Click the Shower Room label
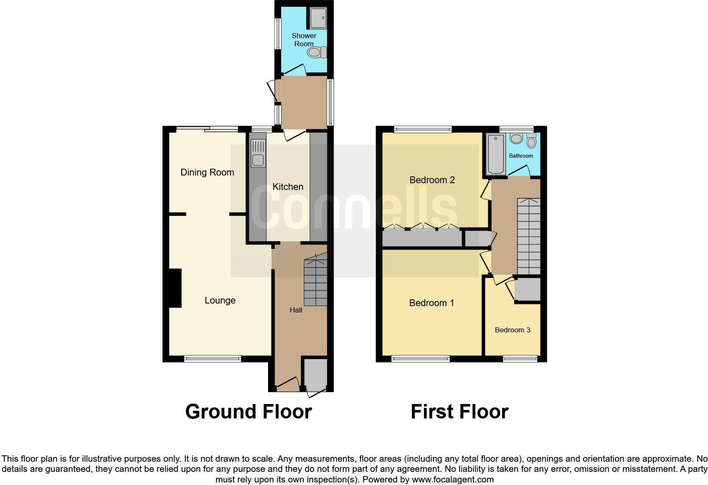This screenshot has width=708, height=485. coord(304,40)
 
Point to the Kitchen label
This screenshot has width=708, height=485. coord(288,187)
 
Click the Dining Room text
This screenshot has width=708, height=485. coord(207,172)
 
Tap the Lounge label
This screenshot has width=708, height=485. coord(220,300)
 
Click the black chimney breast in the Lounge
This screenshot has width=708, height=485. coord(175,288)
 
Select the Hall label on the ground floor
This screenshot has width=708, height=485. coord(296,310)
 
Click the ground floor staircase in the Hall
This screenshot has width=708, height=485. coord(315,282)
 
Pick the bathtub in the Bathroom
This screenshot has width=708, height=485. coord(495,154)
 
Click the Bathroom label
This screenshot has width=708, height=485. coord(521,156)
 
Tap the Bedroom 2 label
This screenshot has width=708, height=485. coord(432,180)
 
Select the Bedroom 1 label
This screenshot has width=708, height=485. coord(431,303)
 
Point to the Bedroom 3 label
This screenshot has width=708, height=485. coord(512,330)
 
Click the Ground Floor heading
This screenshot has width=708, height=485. coord(248,411)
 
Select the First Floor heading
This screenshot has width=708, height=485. coord(459,411)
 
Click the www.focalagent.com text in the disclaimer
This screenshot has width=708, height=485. coord(453,479)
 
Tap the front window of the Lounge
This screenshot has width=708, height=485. coord(213,359)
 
